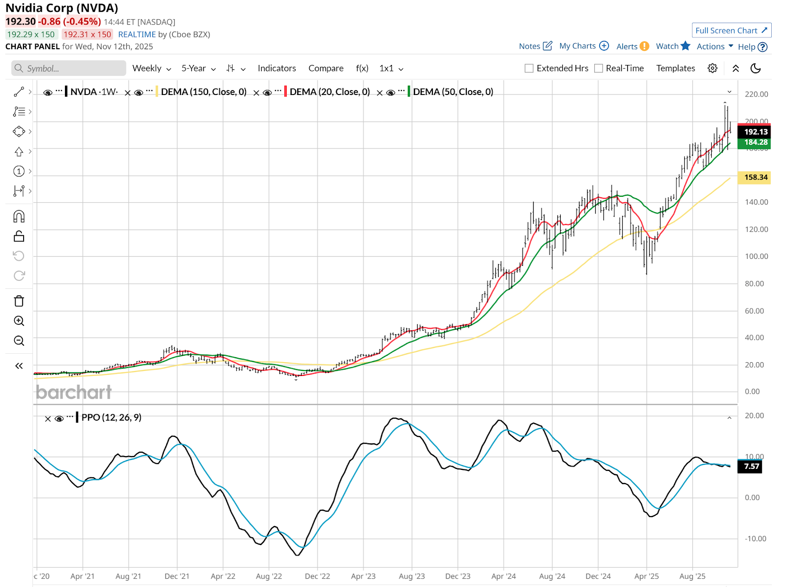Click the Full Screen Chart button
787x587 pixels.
click(x=731, y=31)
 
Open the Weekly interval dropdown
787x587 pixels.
click(x=151, y=68)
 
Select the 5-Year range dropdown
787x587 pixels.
click(x=198, y=68)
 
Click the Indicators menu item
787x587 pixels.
click(x=276, y=68)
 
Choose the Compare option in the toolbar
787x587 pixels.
click(x=326, y=68)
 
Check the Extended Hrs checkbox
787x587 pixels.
click(x=529, y=68)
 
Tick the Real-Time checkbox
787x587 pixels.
click(x=599, y=68)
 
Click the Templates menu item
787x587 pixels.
click(x=675, y=68)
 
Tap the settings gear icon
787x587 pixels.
click(x=712, y=68)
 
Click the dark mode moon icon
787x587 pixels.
click(x=756, y=68)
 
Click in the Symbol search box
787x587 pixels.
click(x=69, y=68)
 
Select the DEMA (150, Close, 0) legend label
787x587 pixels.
click(x=204, y=92)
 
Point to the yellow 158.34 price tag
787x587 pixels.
click(x=755, y=177)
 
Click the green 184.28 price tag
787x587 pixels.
click(x=755, y=142)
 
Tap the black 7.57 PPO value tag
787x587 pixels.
click(x=751, y=466)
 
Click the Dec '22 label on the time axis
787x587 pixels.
click(x=317, y=576)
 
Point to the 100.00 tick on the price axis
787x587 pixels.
click(x=756, y=256)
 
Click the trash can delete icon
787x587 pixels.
click(x=19, y=301)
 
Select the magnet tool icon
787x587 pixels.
click(x=19, y=216)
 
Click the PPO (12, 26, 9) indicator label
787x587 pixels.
click(x=111, y=417)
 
